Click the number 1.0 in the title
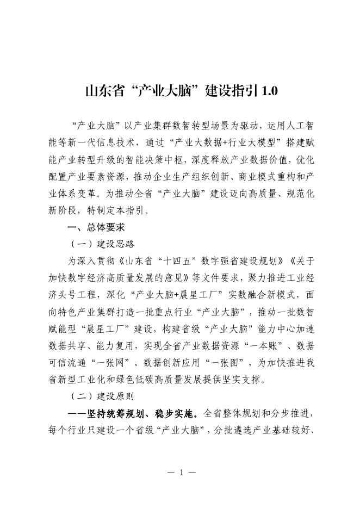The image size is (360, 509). pos(269,91)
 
